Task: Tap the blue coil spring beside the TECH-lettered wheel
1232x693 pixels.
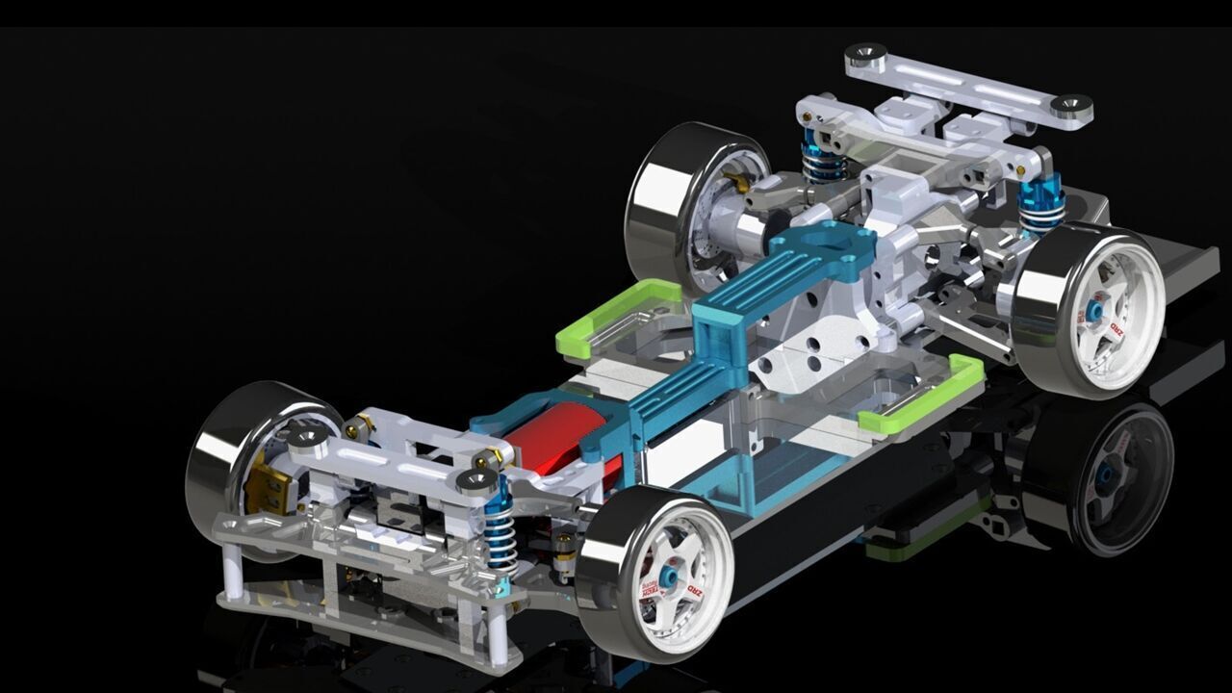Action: click(500, 539)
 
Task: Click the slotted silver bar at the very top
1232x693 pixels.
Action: click(967, 84)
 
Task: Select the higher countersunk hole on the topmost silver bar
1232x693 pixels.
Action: click(865, 53)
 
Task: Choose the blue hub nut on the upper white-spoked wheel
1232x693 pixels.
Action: click(1095, 311)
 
